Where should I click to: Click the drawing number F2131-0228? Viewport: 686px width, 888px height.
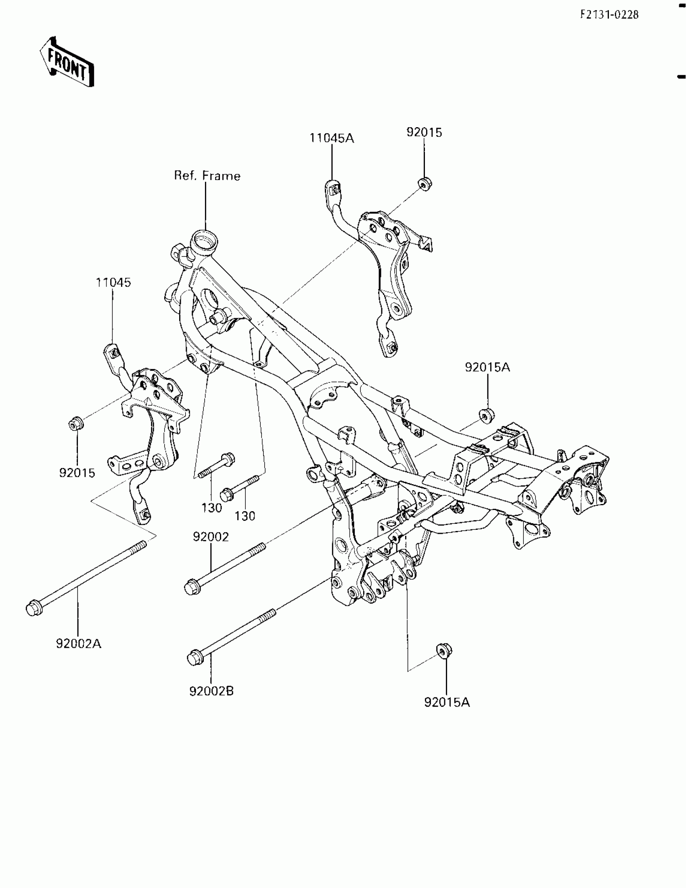609,15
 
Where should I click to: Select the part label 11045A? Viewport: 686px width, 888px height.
332,139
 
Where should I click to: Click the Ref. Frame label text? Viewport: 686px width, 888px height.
207,176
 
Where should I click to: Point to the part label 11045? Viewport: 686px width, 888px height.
113,283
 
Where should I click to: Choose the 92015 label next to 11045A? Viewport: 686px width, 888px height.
424,132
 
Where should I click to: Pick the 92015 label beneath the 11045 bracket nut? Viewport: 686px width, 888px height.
77,473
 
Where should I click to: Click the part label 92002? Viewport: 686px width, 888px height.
211,537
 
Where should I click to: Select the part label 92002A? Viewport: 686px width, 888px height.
78,644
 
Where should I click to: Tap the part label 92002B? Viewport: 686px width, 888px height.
211,691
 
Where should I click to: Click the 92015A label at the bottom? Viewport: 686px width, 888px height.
447,702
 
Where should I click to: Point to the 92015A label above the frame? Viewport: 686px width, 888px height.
487,367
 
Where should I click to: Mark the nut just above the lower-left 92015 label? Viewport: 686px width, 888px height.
76,424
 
